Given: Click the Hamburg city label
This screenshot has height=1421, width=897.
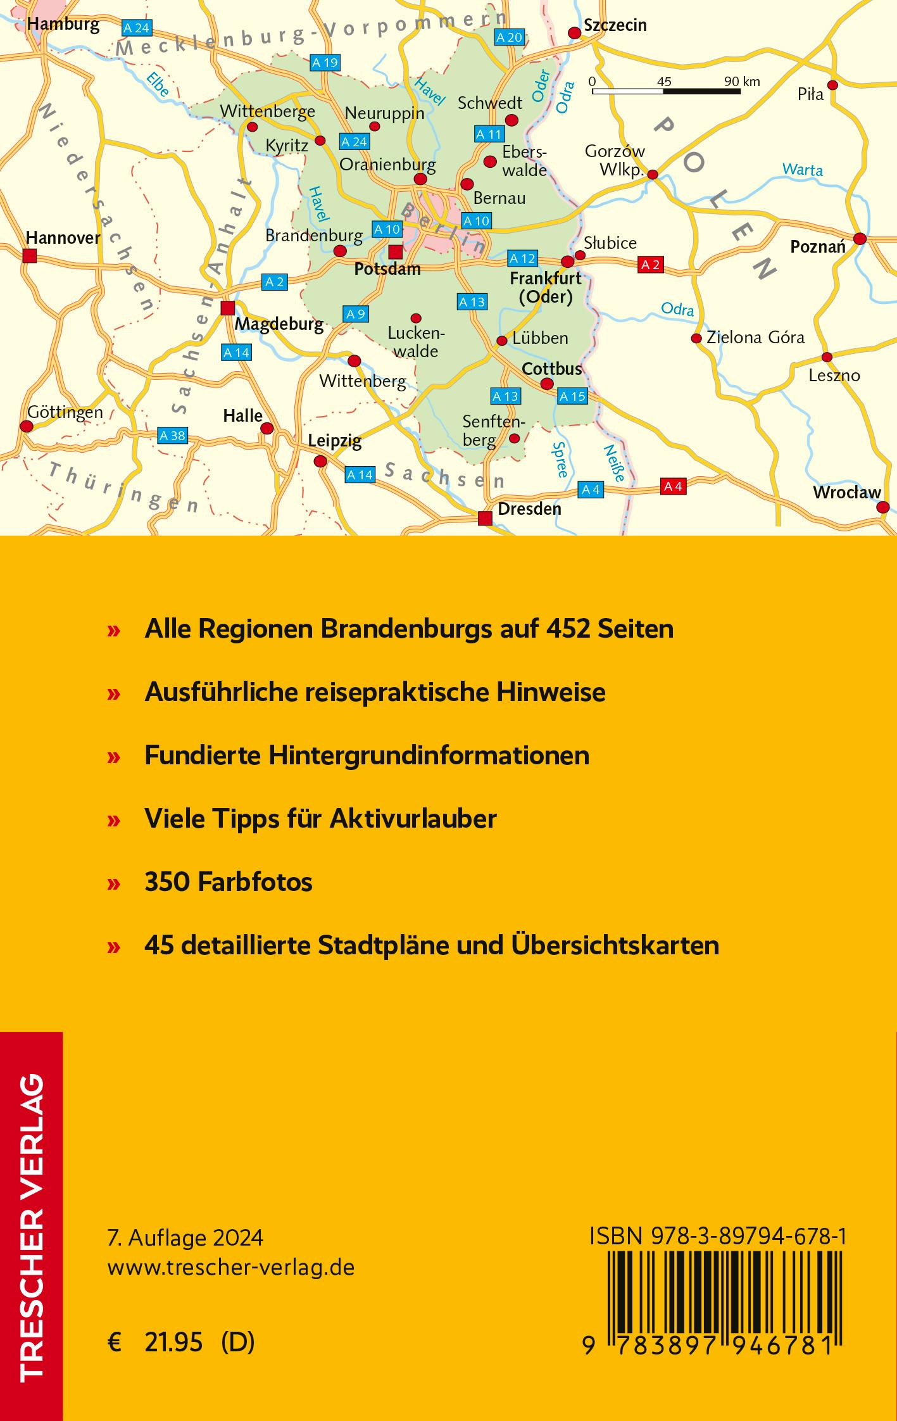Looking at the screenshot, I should pos(64,25).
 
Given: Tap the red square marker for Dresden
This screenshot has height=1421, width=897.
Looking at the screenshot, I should pos(485,519).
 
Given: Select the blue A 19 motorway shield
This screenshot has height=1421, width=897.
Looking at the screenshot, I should pos(325,63).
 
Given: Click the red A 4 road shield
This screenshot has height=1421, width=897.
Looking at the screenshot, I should pos(673,486).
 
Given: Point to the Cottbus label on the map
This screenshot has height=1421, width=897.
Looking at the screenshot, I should pos(551,369).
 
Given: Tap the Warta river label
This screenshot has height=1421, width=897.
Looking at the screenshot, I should pos(802,170).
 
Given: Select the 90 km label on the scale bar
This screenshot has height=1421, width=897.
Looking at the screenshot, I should pos(742,82).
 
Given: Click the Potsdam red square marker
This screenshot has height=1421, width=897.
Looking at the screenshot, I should pos(396,251).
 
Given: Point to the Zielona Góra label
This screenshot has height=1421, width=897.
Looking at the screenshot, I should pos(755,337).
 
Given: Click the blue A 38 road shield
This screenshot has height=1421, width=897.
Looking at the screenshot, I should pos(173,436).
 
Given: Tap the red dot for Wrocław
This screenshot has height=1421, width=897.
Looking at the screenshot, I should pos(883,507).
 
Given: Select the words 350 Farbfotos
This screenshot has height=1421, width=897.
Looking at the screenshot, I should pos(229,882).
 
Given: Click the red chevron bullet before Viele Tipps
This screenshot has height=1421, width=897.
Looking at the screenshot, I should pos(114,820).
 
